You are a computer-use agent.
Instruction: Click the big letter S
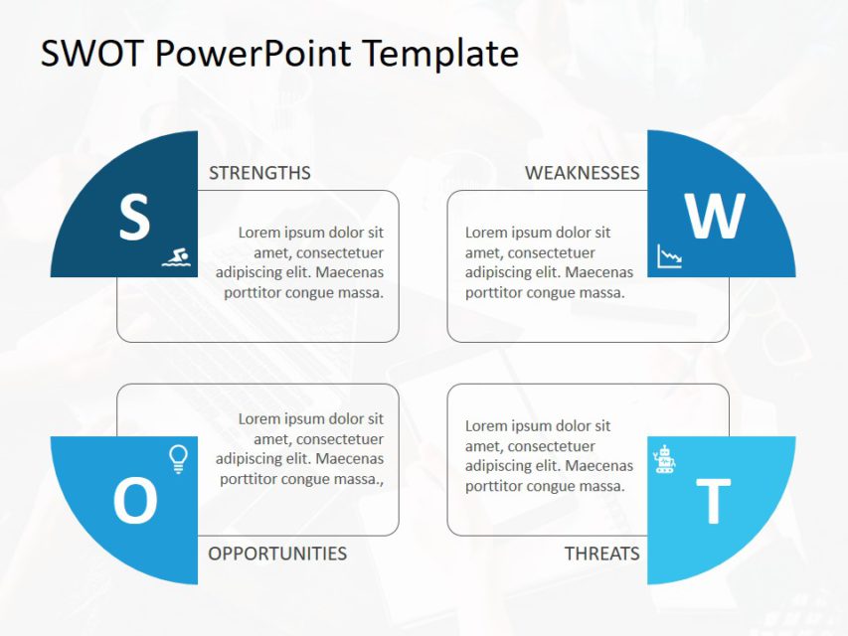point(134,218)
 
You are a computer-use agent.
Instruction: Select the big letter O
point(135,501)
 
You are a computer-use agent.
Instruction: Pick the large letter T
point(712,502)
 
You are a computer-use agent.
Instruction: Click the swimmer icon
point(176,258)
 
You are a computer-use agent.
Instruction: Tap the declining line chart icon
point(670,257)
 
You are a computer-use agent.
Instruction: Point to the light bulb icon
point(178,458)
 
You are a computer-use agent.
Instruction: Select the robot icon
point(664,460)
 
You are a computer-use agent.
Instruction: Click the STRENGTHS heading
point(259,173)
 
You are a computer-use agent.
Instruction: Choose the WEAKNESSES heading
point(582,173)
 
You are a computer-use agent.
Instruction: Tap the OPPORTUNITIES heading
point(277,554)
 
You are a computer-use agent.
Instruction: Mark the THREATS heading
point(601,554)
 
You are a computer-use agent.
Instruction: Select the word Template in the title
point(440,54)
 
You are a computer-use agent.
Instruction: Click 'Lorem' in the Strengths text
point(260,233)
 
